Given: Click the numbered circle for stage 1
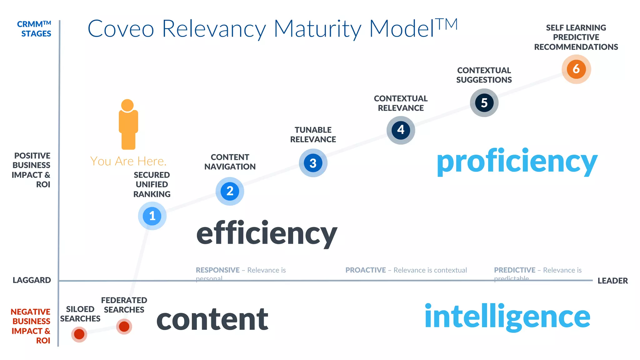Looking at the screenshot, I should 152,216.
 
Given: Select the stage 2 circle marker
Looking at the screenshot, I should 230,191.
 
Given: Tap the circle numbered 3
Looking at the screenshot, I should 313,163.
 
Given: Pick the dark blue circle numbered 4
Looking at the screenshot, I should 401,130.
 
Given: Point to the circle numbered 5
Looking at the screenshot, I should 484,102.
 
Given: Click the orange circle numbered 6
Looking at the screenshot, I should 576,69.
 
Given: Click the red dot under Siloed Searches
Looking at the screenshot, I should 79,334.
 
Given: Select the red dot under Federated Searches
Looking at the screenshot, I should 124,327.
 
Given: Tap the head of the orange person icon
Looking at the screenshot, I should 127,105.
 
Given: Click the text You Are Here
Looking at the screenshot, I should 128,161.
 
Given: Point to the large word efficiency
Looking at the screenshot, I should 267,234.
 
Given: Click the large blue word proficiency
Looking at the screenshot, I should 517,162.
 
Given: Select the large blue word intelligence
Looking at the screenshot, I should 507,317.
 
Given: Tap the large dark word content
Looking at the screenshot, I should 212,319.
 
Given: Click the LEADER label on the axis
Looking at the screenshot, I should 612,281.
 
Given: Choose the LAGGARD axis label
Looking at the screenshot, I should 32,280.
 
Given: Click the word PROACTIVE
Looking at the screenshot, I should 365,270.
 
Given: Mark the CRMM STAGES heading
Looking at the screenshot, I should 34,29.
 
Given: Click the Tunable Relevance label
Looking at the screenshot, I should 313,135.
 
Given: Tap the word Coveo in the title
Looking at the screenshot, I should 121,29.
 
